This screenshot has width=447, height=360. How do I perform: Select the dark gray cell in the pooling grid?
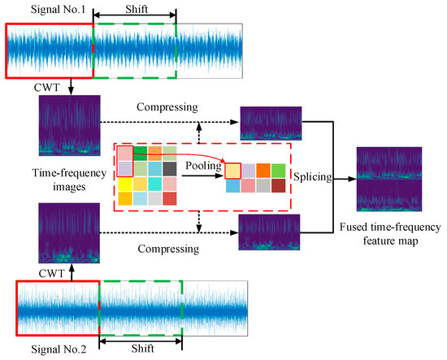(x=169, y=168)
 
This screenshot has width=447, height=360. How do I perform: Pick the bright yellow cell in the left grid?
(x=124, y=184)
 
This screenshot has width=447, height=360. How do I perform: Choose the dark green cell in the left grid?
(x=140, y=153)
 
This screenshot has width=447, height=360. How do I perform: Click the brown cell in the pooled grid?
(x=277, y=185)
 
